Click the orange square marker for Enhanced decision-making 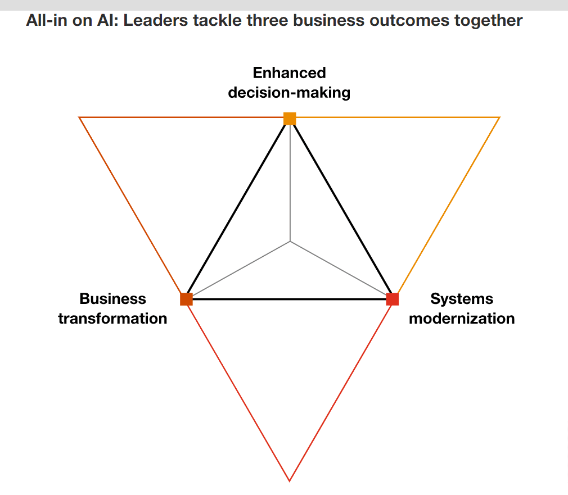click(290, 119)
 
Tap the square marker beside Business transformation click(186, 299)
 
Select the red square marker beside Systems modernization click(393, 299)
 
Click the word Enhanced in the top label click(289, 73)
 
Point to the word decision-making click(289, 92)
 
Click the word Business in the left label click(112, 298)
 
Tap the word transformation click(112, 318)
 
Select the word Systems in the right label click(462, 298)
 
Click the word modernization click(462, 318)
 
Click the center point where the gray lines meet click(290, 242)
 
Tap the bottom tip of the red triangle click(290, 480)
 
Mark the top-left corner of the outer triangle click(79, 117)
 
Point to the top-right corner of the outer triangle click(499, 117)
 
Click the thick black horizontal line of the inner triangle click(290, 299)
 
